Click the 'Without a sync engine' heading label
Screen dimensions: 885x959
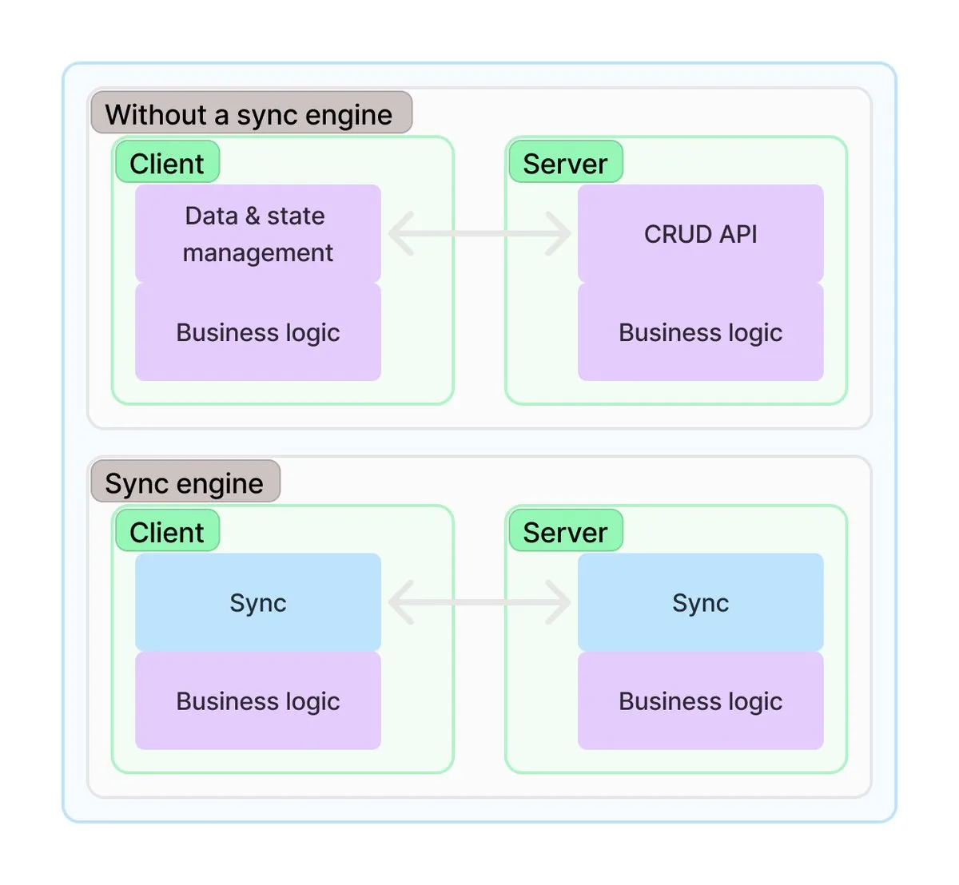[251, 113]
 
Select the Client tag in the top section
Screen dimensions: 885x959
[167, 163]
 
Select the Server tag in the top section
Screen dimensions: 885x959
[565, 163]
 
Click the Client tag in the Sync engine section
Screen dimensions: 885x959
[167, 531]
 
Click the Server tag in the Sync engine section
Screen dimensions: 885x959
[565, 531]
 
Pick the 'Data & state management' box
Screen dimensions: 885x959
[257, 233]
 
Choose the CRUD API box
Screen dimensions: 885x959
[700, 233]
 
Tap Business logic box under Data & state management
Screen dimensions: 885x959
[257, 332]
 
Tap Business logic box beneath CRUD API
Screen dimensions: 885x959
[700, 332]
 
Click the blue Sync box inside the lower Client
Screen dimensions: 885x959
[257, 602]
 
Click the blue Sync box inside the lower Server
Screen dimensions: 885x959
[700, 602]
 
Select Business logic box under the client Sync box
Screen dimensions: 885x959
[257, 701]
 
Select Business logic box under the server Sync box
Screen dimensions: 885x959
[700, 701]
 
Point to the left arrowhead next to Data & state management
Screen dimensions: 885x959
[400, 233]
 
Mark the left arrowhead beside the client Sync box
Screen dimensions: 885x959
[400, 602]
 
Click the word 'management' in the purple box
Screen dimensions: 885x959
[257, 253]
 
